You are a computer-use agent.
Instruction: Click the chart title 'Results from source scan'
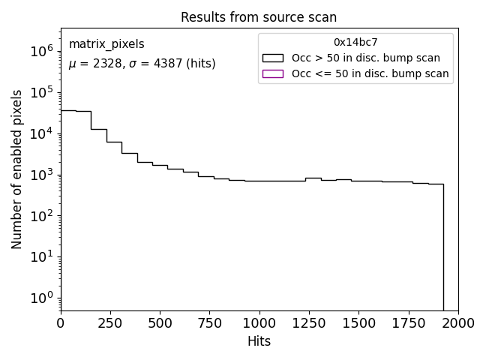[259, 16]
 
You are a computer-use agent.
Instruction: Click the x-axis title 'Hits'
[259, 341]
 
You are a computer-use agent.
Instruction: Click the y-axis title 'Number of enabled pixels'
[16, 169]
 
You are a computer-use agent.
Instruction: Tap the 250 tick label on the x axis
[110, 323]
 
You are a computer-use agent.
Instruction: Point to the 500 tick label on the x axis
[160, 323]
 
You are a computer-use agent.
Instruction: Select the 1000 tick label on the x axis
[259, 323]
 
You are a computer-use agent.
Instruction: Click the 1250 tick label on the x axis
[309, 323]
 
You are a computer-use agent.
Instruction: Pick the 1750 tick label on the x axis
[408, 323]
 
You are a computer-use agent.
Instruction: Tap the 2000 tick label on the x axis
[457, 323]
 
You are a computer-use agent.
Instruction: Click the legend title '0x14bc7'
[355, 42]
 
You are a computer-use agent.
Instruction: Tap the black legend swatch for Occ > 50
[273, 58]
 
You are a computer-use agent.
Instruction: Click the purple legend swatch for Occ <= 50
[273, 73]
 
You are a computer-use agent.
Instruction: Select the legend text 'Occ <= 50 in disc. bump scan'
[370, 73]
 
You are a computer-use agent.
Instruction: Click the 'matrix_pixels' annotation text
[106, 44]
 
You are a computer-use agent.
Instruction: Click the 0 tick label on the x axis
[61, 323]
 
